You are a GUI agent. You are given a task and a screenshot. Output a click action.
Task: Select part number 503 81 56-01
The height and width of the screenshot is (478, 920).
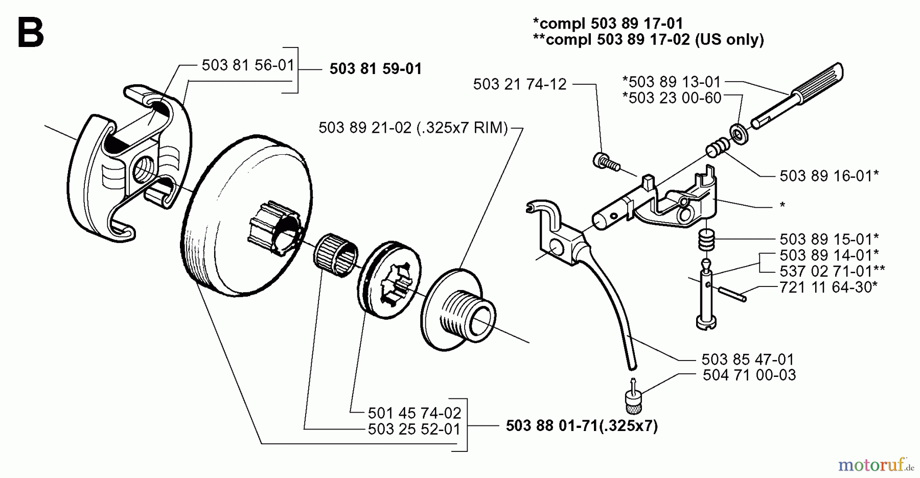(248, 65)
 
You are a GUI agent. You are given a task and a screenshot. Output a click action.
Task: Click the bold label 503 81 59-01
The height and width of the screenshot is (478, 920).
(376, 69)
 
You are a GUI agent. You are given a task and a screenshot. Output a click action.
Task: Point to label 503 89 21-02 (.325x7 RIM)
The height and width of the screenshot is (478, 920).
(413, 128)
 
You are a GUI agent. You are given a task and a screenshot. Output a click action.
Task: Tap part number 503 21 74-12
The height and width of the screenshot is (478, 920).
(520, 84)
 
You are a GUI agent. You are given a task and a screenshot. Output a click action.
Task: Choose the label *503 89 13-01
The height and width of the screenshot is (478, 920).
(672, 82)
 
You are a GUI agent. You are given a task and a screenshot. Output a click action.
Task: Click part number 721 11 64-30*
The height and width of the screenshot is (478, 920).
(829, 287)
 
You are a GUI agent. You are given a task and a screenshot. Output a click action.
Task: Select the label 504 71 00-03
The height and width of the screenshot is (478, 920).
(749, 375)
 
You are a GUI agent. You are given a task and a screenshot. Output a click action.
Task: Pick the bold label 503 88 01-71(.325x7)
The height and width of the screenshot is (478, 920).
(582, 426)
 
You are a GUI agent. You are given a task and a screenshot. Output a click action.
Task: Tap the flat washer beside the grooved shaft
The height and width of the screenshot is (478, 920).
(738, 134)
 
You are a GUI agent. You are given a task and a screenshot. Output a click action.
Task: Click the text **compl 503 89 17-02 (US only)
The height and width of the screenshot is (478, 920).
(648, 39)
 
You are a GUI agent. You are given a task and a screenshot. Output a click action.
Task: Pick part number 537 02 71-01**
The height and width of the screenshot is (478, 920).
(832, 271)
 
